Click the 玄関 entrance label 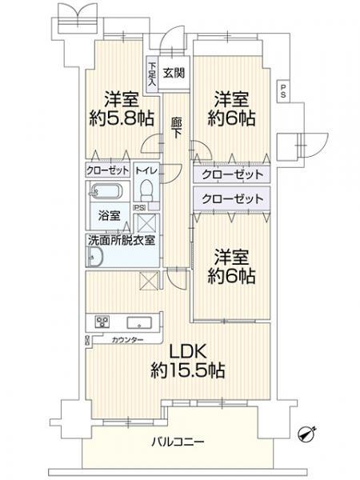174,73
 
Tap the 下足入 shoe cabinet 152,74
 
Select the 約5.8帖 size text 122,118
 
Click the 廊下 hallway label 176,129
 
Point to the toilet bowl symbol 146,190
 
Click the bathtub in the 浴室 106,191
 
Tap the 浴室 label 110,216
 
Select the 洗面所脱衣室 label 122,240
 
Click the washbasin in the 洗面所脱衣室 95,257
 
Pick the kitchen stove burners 102,322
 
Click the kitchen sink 139,323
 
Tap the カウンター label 128,340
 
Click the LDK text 187,352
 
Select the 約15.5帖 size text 188,370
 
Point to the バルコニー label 178,442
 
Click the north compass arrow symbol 308,434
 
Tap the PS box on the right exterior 283,91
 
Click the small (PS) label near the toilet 139,207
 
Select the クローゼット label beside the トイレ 107,170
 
